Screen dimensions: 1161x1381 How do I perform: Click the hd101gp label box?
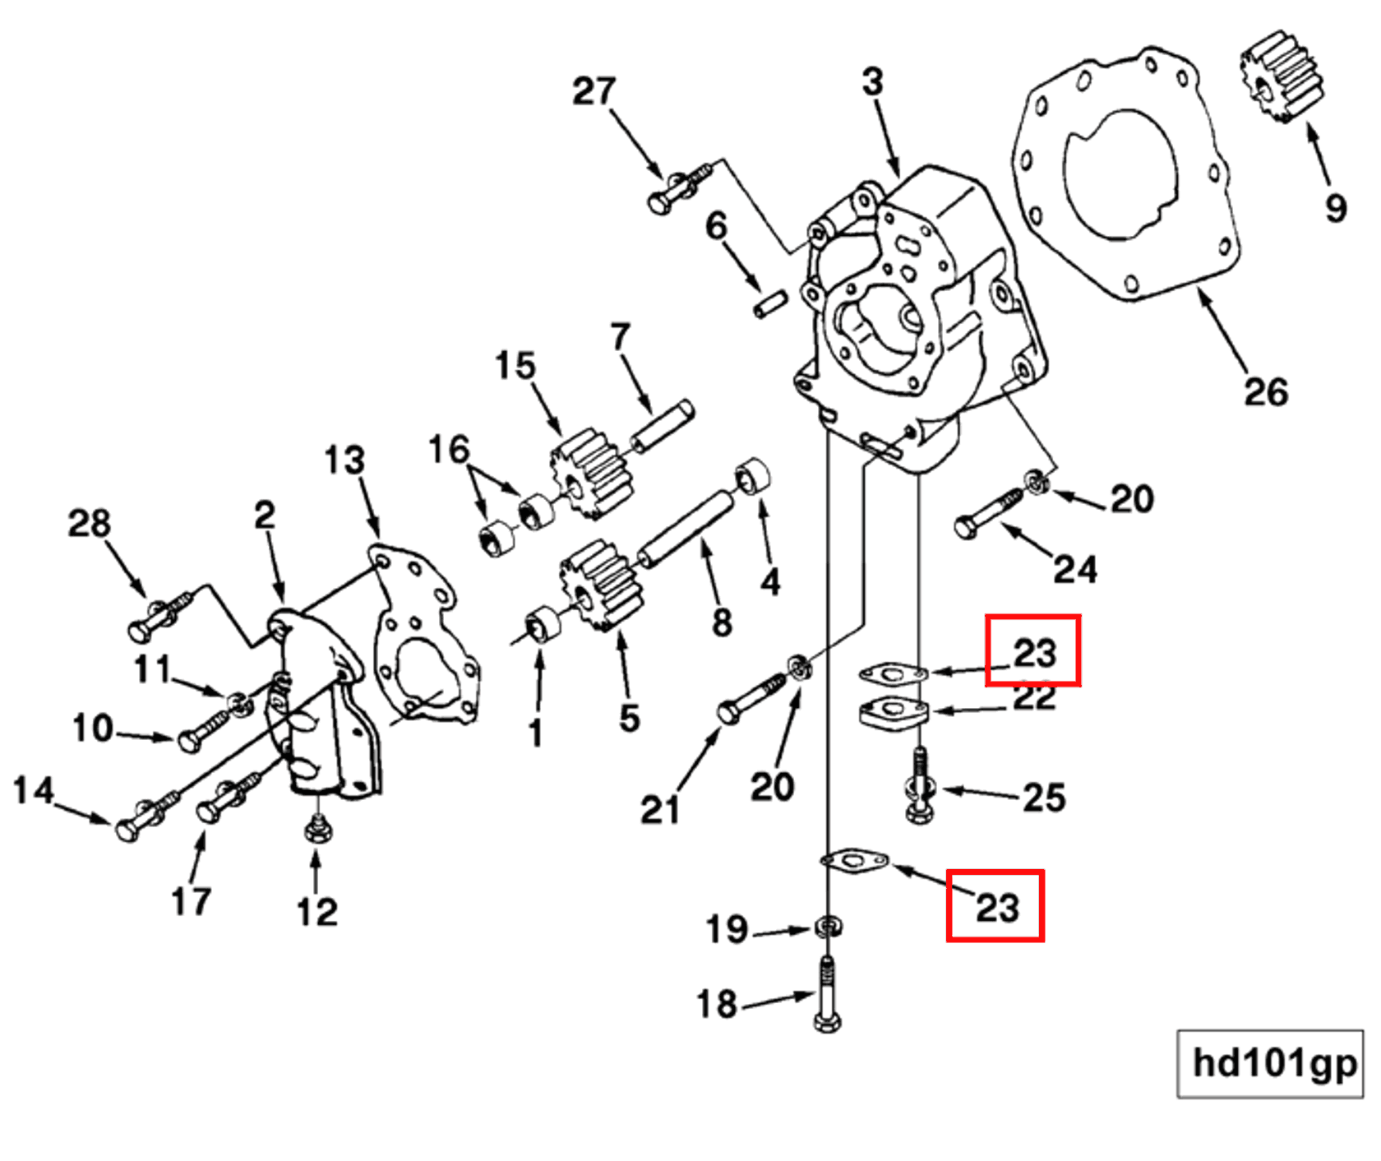(x=1270, y=1063)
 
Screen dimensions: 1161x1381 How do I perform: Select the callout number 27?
(x=594, y=91)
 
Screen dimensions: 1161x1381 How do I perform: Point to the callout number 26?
(x=1265, y=392)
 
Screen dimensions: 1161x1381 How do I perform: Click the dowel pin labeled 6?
(x=770, y=303)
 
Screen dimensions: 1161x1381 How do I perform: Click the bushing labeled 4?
(x=753, y=476)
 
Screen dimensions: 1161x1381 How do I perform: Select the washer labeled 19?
(x=828, y=927)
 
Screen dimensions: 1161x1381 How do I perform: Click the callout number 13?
(x=344, y=460)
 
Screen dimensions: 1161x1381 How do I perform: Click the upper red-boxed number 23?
(x=1033, y=651)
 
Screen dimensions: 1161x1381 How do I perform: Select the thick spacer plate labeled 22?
(x=894, y=712)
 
